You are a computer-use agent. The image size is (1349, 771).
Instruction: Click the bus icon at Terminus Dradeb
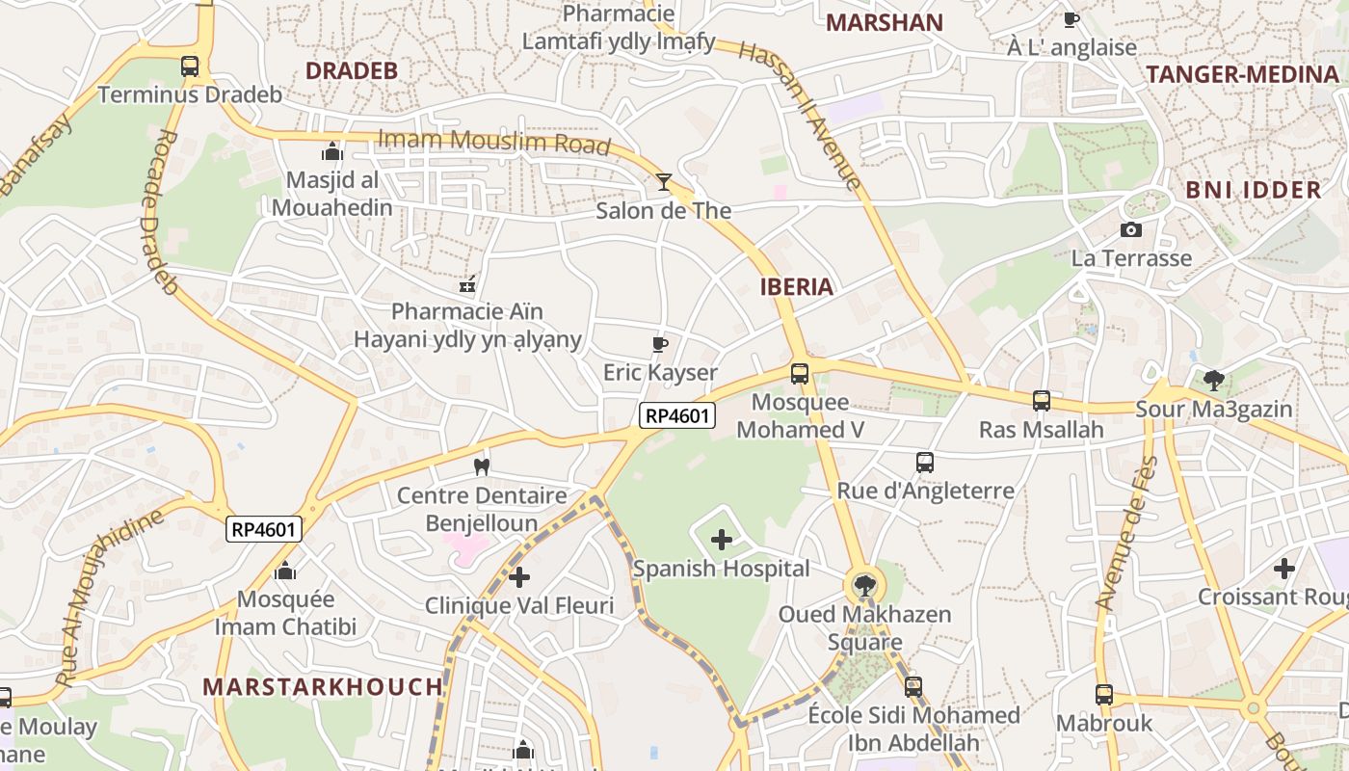click(190, 66)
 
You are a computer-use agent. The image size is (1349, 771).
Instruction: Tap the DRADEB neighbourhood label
click(352, 70)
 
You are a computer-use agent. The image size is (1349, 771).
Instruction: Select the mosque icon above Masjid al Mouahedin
click(332, 151)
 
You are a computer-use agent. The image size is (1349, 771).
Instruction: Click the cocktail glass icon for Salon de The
click(664, 181)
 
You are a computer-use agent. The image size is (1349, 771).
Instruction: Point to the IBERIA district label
click(796, 286)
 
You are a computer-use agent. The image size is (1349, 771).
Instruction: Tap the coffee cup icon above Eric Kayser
click(660, 344)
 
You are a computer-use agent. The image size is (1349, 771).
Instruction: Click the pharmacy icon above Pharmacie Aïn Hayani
click(467, 283)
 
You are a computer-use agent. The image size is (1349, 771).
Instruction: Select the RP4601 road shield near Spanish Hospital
click(678, 415)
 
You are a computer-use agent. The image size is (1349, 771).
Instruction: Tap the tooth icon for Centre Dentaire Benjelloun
click(482, 467)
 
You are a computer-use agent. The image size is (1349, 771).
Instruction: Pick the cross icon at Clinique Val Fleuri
click(519, 577)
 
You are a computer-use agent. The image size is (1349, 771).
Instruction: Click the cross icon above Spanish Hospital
click(721, 540)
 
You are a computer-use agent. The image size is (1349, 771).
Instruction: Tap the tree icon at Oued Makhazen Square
click(864, 584)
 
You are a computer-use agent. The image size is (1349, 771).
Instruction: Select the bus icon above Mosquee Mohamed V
click(800, 373)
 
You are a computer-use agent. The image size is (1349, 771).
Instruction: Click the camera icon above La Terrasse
click(1131, 229)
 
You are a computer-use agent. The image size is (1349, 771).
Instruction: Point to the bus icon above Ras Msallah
click(1042, 400)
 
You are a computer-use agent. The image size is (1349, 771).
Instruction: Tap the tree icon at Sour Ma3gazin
click(1213, 380)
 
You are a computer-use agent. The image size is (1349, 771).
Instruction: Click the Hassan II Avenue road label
click(800, 115)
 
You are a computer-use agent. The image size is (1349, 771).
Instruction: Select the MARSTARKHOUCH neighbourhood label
click(323, 687)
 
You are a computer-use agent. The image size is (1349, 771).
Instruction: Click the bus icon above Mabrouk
click(1104, 694)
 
